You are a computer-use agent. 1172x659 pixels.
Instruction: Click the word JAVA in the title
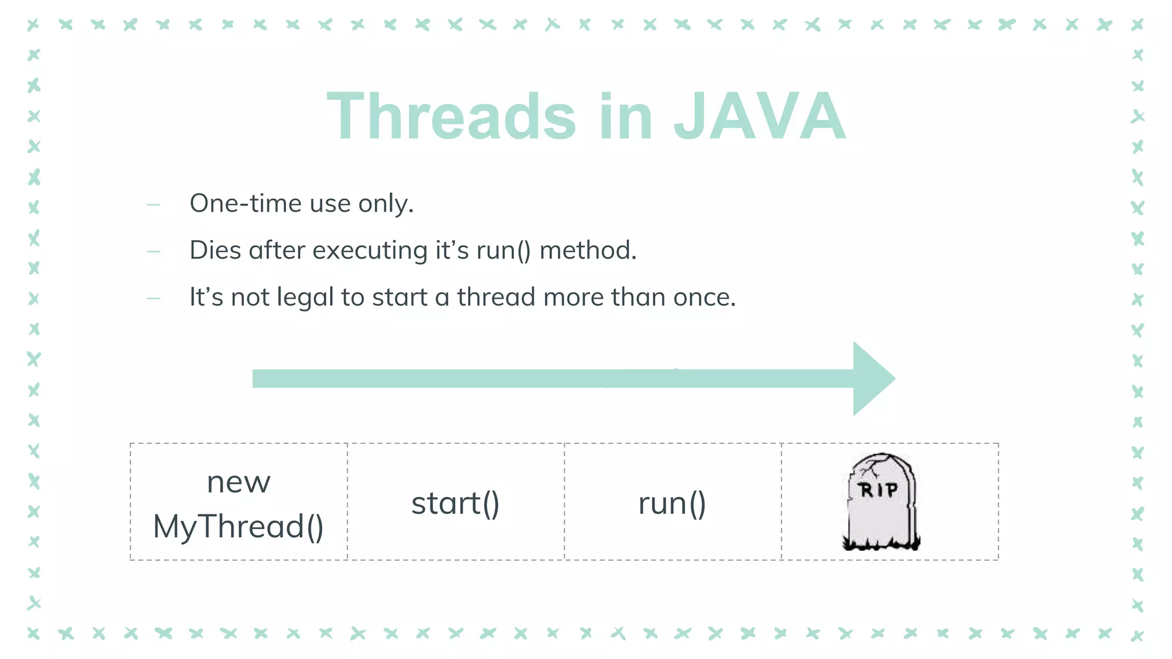tap(759, 117)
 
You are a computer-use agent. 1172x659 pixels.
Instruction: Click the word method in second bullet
tap(587, 251)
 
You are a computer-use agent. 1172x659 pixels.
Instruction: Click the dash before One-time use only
tap(153, 205)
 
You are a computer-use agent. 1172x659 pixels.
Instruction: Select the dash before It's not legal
tap(153, 299)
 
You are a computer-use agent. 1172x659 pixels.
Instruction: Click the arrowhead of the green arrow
tap(871, 379)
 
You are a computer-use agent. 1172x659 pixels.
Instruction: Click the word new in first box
tap(238, 482)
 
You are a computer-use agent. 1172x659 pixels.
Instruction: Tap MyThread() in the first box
tap(238, 526)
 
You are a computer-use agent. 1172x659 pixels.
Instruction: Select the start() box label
tap(456, 503)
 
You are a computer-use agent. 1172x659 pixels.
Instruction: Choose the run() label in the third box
tap(672, 503)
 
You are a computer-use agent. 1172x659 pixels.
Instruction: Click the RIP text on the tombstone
tap(878, 490)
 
